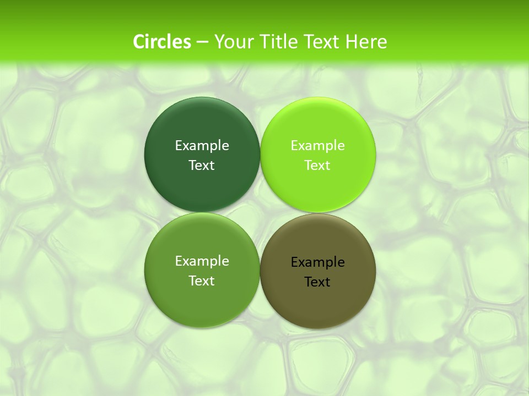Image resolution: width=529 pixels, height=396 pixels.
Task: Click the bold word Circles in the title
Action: click(161, 42)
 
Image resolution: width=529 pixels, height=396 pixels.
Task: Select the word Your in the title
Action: click(231, 42)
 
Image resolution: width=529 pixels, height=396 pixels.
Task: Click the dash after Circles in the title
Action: click(202, 42)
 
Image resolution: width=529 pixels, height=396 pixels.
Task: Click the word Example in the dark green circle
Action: click(202, 146)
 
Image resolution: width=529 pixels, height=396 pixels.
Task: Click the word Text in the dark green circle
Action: click(202, 166)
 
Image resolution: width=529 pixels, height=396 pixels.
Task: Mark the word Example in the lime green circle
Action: click(317, 146)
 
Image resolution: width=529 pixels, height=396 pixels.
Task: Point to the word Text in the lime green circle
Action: click(317, 166)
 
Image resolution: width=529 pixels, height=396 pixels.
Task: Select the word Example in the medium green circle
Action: click(202, 261)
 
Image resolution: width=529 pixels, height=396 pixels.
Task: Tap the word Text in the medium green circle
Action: click(202, 281)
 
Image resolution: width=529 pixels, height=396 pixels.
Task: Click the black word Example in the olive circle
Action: click(317, 262)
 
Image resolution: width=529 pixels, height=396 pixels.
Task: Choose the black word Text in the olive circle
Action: click(317, 282)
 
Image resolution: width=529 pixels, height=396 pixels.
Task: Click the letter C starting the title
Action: click(139, 42)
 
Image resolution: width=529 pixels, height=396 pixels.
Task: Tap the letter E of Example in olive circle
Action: click(294, 262)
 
